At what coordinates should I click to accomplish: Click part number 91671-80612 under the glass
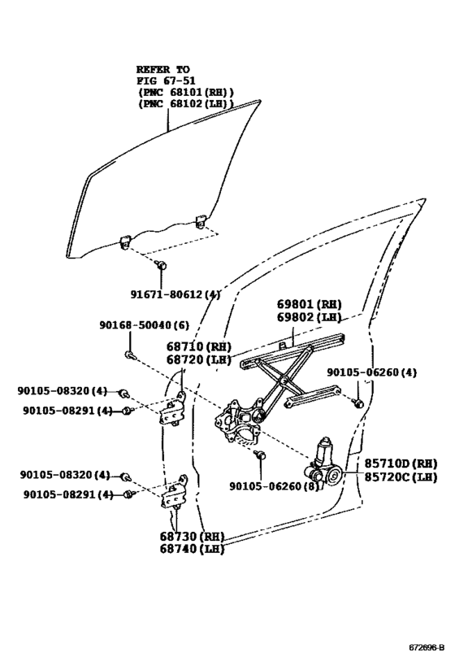pyautogui.click(x=175, y=294)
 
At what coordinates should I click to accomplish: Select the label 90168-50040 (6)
pyautogui.click(x=145, y=325)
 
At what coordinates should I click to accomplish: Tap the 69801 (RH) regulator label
pyautogui.click(x=310, y=304)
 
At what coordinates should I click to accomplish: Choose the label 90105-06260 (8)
pyautogui.click(x=274, y=486)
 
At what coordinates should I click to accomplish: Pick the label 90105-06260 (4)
pyautogui.click(x=371, y=372)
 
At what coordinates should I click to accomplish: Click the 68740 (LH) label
pyautogui.click(x=192, y=549)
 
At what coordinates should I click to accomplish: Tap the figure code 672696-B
pyautogui.click(x=427, y=648)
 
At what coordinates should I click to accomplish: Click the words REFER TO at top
pyautogui.click(x=163, y=69)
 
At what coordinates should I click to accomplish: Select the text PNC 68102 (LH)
pyautogui.click(x=184, y=103)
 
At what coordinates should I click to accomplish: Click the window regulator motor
pyautogui.click(x=323, y=463)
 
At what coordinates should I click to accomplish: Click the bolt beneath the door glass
pyautogui.click(x=161, y=266)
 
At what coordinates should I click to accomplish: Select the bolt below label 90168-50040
pyautogui.click(x=129, y=355)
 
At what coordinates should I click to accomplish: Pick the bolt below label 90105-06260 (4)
pyautogui.click(x=357, y=403)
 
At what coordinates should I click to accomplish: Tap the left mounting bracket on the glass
pyautogui.click(x=124, y=242)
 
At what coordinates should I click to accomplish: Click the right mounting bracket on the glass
pyautogui.click(x=201, y=221)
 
